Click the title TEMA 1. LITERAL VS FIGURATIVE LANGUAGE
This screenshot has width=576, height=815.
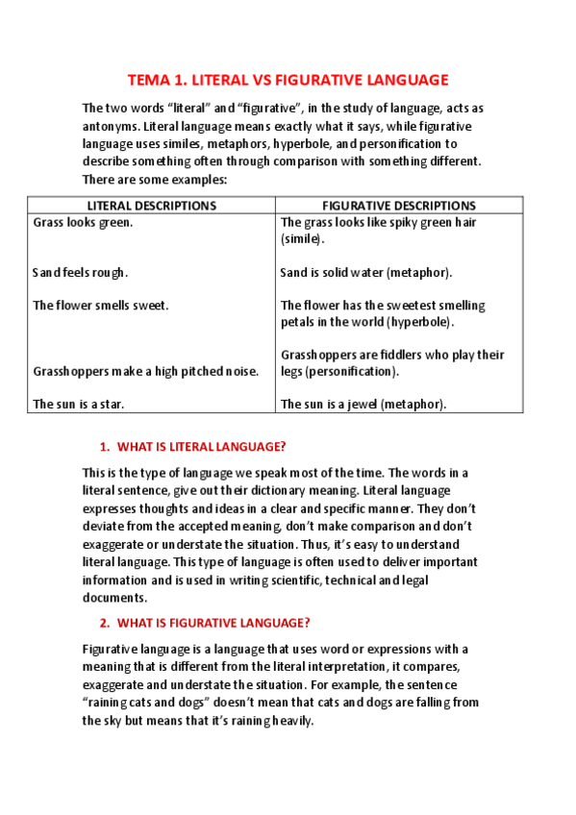288,80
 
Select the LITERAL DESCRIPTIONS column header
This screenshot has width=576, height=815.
152,206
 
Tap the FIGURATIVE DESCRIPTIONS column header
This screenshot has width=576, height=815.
398,206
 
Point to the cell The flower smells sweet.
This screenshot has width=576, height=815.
101,306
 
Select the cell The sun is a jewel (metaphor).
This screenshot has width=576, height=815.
363,405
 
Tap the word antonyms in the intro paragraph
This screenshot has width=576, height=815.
111,127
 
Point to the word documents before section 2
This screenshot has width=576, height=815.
113,596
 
